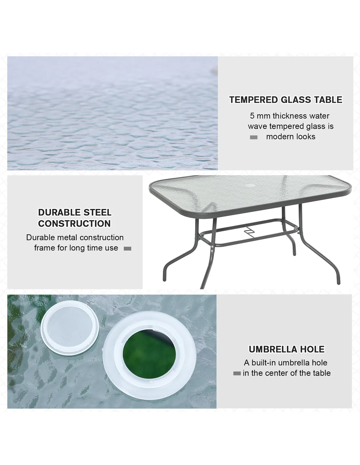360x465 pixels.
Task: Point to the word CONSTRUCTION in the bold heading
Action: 75,224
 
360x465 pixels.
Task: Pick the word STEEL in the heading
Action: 98,213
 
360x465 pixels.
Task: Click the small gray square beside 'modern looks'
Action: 254,137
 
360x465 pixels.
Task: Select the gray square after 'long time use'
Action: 127,249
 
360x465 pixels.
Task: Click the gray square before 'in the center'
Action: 237,373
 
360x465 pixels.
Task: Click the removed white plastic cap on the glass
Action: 70,328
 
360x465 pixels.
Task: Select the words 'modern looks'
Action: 291,137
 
